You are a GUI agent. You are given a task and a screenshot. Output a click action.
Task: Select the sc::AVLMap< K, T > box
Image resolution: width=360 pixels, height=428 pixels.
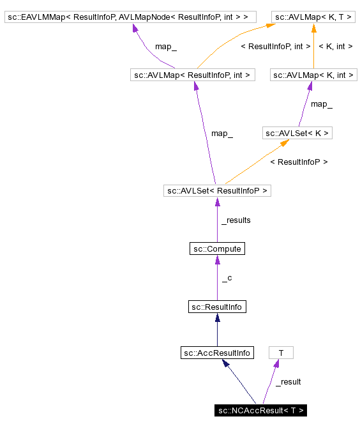[313, 16]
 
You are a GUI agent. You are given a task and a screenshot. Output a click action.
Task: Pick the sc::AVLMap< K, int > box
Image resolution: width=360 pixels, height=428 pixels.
[313, 75]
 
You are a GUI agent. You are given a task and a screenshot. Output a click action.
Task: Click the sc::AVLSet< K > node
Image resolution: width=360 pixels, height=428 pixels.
[297, 133]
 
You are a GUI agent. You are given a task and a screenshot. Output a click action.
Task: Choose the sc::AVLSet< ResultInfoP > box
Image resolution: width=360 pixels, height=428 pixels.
[217, 190]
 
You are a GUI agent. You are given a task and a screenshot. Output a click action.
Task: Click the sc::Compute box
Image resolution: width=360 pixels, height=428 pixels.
[217, 248]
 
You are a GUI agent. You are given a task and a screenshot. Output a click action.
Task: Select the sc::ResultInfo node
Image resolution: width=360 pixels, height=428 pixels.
[217, 307]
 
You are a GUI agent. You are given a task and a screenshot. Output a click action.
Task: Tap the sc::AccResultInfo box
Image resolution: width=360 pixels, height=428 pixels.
[217, 353]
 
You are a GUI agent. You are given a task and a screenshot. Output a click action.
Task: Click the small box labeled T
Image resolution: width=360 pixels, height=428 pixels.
[281, 353]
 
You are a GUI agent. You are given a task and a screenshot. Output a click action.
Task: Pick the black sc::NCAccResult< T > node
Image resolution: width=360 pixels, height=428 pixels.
[260, 410]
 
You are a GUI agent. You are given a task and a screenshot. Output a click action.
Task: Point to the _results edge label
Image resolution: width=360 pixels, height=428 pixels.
[236, 220]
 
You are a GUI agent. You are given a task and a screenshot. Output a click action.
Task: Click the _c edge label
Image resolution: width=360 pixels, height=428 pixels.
[227, 278]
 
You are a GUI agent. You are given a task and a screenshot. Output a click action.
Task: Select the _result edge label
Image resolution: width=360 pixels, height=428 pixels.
[288, 381]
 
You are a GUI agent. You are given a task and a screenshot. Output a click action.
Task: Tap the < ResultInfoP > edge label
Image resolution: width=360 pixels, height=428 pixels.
[299, 162]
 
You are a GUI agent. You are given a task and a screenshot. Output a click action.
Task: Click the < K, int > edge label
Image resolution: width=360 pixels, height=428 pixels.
[335, 46]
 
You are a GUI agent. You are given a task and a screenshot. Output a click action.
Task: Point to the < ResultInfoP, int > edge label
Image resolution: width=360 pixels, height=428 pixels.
[275, 46]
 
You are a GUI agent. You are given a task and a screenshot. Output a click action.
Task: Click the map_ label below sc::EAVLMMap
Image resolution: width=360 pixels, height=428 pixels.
[166, 46]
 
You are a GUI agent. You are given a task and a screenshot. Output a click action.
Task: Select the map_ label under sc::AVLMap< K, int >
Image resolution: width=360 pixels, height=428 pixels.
[321, 103]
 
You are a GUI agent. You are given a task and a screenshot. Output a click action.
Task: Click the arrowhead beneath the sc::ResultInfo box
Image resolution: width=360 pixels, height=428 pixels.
[217, 317]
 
